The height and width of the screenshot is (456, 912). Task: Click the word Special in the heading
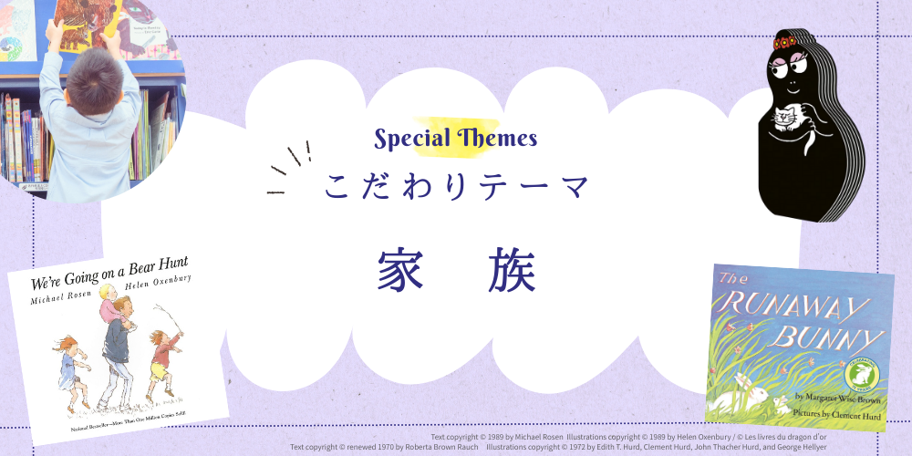tap(412, 139)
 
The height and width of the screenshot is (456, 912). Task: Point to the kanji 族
tap(512, 268)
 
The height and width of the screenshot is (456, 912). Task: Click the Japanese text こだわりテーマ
tap(457, 186)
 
